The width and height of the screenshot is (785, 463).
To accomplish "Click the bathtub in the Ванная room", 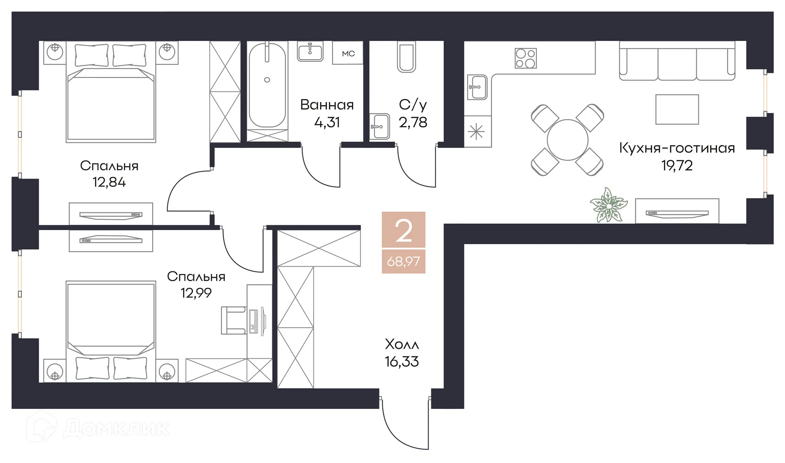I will [267, 86].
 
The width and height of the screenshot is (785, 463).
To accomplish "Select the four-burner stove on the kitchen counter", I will [525, 58].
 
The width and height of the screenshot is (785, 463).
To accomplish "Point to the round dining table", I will [567, 140].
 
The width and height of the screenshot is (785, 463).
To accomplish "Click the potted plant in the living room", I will [608, 205].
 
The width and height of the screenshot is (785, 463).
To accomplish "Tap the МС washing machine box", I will [348, 54].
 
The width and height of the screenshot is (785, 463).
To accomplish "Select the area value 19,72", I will [677, 165].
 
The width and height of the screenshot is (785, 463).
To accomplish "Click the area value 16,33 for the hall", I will [401, 362].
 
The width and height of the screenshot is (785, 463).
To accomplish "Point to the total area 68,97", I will [404, 261].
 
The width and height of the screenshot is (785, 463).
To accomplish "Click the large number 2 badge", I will [404, 230].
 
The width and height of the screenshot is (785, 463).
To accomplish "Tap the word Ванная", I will [327, 105].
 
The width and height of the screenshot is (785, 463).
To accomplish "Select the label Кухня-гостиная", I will [677, 148].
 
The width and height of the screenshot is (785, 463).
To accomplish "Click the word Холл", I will [402, 344].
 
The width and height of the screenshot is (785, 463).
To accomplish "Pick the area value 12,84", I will [109, 182].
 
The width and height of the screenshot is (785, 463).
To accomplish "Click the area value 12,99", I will [196, 293].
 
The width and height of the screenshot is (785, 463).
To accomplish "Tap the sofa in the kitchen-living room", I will [677, 64].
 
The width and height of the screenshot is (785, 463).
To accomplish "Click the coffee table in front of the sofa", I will [677, 109].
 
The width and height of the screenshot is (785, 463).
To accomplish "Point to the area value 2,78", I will [413, 122].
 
